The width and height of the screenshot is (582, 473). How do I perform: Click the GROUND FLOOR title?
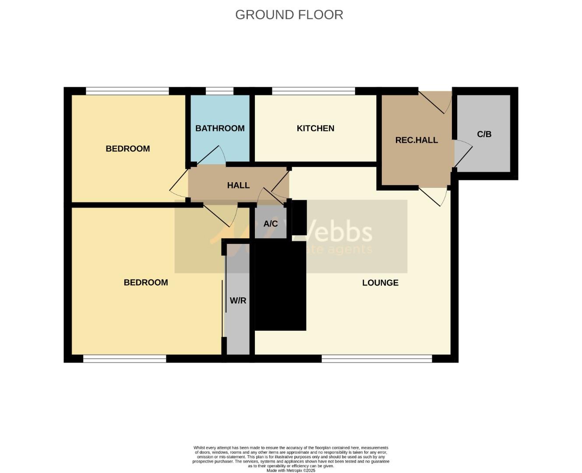[x=289, y=14]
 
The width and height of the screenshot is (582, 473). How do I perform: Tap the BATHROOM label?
[x=220, y=128]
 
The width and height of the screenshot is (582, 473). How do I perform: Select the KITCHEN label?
[x=315, y=128]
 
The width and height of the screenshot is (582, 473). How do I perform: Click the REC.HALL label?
[x=416, y=140]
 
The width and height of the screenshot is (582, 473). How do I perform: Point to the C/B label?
[x=484, y=134]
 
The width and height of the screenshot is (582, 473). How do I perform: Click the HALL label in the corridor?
[x=238, y=185]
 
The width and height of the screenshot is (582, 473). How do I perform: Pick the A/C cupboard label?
[x=270, y=224]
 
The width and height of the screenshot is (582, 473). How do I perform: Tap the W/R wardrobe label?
[x=238, y=301]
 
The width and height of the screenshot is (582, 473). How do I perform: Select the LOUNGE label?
[x=380, y=283]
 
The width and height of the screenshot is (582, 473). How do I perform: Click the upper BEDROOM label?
[x=128, y=149]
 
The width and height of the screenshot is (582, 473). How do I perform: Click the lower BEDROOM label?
[x=146, y=282]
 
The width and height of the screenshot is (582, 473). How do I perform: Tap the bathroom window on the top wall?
[x=219, y=91]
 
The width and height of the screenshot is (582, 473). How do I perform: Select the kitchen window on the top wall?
[x=313, y=91]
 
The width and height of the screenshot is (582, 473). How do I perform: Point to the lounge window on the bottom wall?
[x=377, y=359]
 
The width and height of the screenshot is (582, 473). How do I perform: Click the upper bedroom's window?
[x=127, y=91]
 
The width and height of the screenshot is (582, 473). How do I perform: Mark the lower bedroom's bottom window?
[x=124, y=359]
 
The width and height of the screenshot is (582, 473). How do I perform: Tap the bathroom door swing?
[x=211, y=155]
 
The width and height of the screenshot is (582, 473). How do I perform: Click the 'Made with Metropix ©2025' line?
[x=291, y=470]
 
